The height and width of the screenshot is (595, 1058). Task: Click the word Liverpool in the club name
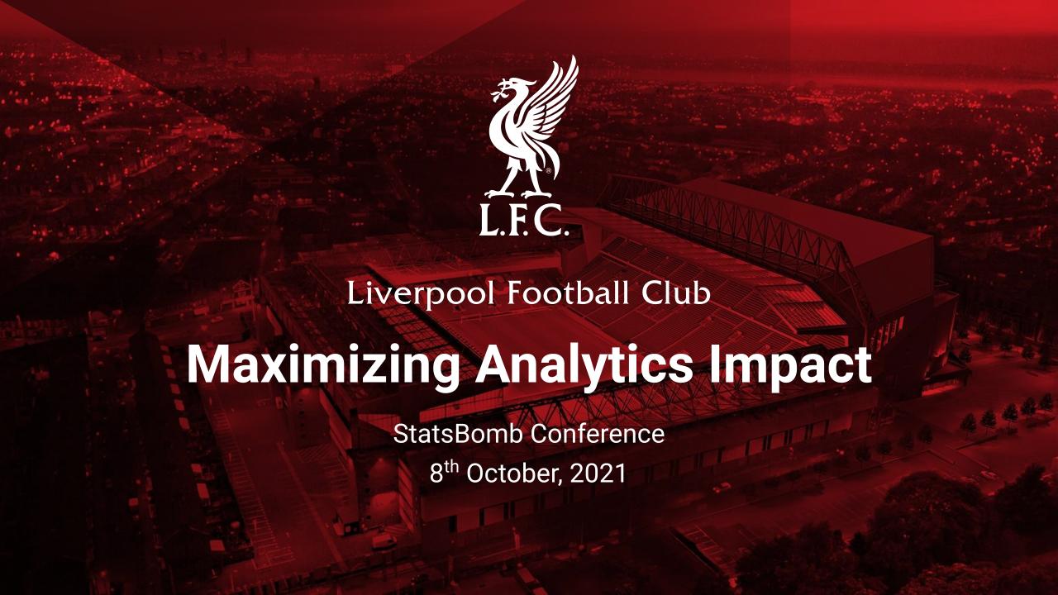click(421, 294)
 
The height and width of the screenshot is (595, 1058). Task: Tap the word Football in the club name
click(569, 293)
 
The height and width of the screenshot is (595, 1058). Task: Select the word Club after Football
click(676, 293)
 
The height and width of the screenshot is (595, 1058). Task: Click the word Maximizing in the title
click(323, 367)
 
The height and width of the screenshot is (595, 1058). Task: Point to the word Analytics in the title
click(583, 367)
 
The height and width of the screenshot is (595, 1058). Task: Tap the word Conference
click(598, 434)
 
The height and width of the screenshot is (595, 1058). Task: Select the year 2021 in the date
click(598, 474)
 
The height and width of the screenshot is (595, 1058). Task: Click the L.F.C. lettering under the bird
click(523, 220)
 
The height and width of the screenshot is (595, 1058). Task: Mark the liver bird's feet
click(518, 193)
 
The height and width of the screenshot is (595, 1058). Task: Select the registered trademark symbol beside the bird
click(548, 171)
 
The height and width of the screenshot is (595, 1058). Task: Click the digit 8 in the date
click(436, 474)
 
